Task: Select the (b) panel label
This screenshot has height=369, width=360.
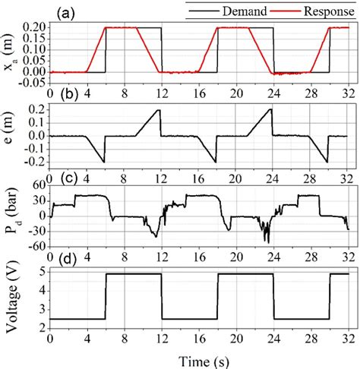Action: [64, 96]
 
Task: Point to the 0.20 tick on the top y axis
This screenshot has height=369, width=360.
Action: [33, 27]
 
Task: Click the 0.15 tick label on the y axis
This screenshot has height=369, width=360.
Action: [33, 39]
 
